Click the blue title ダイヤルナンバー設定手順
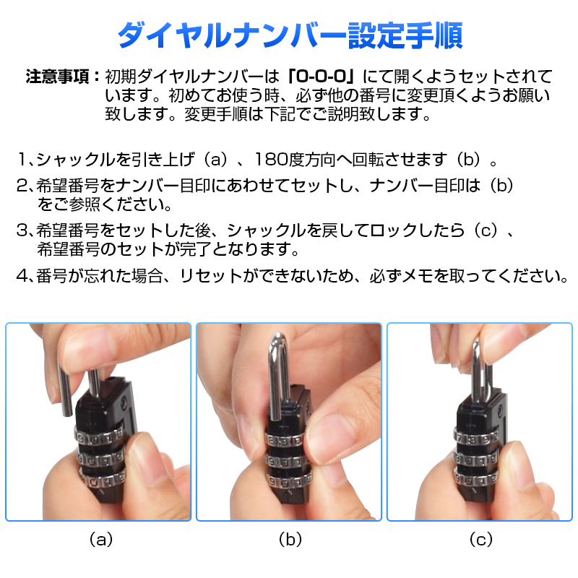click(x=290, y=35)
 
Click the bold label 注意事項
click(x=58, y=77)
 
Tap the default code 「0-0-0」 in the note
click(x=321, y=77)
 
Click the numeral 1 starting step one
click(x=22, y=159)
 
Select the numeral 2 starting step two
click(x=22, y=186)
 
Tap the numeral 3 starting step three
click(x=22, y=230)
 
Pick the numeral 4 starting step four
click(x=22, y=276)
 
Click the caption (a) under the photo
click(x=101, y=539)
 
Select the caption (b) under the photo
click(x=290, y=539)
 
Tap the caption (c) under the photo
click(x=481, y=539)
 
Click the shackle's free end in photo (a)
click(x=66, y=412)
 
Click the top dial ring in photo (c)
click(x=476, y=439)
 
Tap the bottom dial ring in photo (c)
click(x=475, y=478)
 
